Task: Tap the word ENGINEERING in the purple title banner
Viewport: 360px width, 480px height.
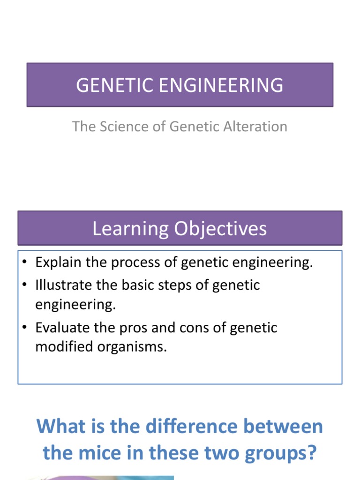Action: click(x=215, y=85)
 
